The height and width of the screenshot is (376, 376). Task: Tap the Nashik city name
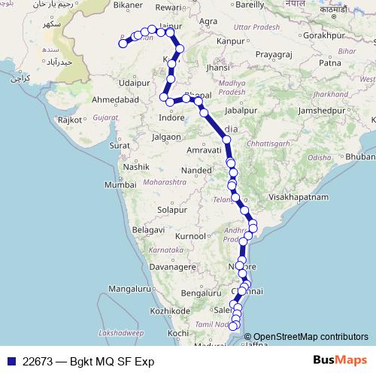(138, 166)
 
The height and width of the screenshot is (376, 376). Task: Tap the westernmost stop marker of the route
(123, 44)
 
